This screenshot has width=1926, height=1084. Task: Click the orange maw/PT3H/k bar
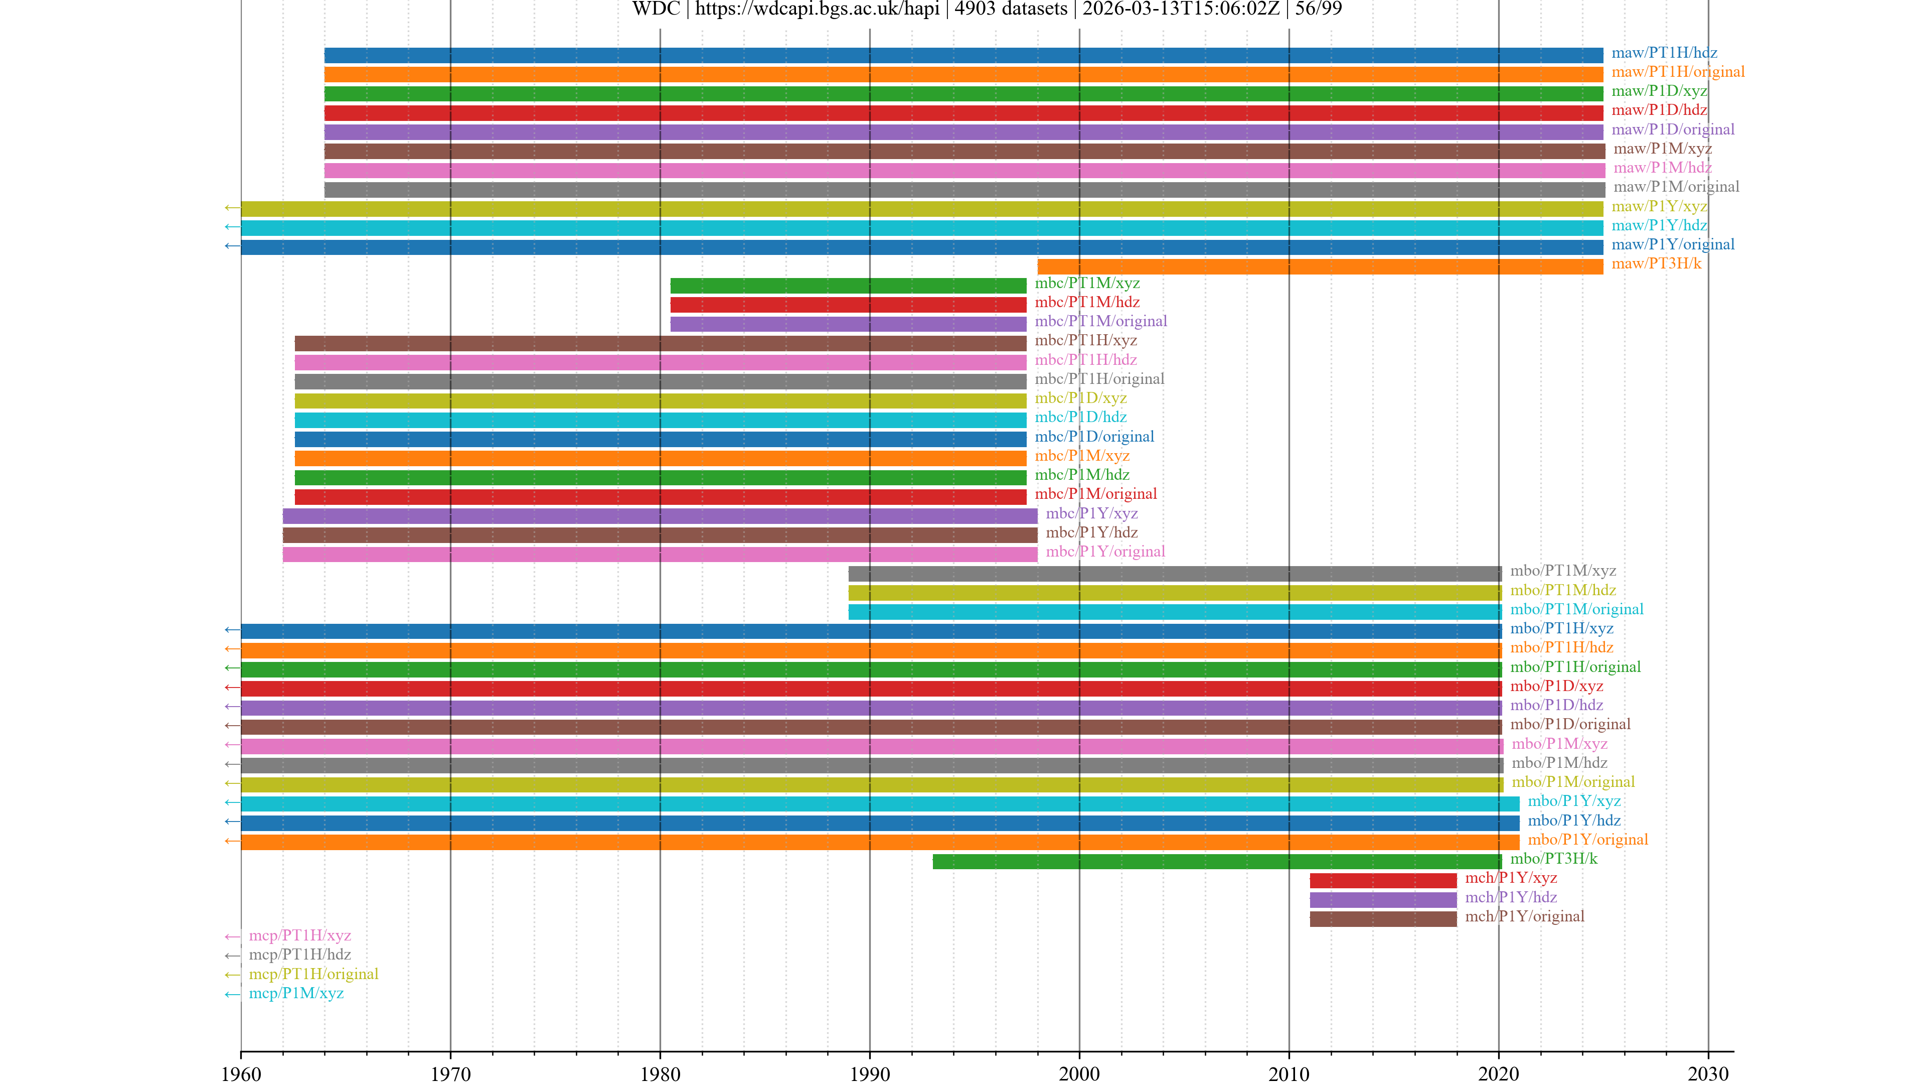[x=1320, y=266]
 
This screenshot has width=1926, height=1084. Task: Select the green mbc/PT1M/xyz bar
[x=848, y=285]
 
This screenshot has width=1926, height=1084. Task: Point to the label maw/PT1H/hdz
[x=1664, y=53]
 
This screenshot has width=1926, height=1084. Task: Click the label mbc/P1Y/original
[x=1105, y=552]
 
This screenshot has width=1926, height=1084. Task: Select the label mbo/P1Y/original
[x=1587, y=840]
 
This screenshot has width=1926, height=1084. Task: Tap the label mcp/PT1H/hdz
[x=300, y=955]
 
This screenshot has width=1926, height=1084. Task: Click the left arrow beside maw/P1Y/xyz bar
[x=232, y=208]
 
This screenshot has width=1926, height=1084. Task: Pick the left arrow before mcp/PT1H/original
[x=232, y=975]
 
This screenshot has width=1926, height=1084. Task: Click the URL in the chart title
[x=817, y=9]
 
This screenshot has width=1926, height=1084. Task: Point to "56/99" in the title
[x=1318, y=9]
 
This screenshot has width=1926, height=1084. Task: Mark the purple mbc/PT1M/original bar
[x=848, y=324]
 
